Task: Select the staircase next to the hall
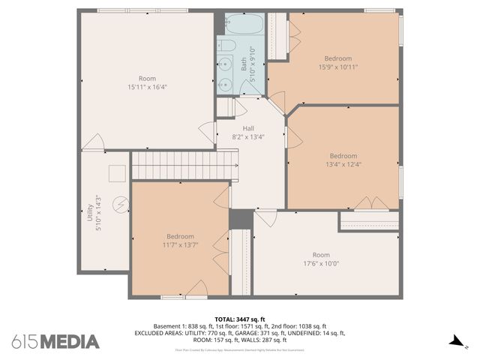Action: tap(184, 165)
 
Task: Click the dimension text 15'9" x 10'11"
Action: tap(337, 67)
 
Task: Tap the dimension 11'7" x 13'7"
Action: tap(180, 244)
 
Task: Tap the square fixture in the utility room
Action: tap(117, 173)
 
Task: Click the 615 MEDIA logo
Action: tap(55, 341)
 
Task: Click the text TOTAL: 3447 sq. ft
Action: tap(240, 319)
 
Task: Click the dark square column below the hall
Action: tap(241, 218)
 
